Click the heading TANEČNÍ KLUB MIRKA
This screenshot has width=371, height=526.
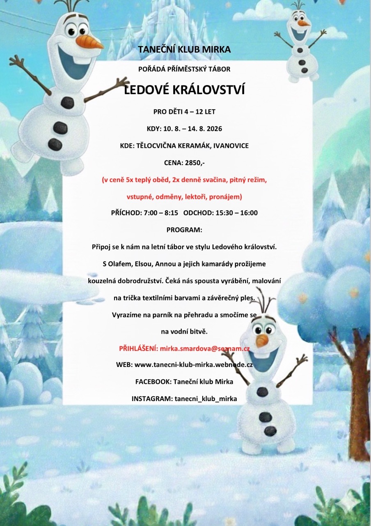[x=184, y=50]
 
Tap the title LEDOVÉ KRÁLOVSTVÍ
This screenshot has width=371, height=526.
[x=184, y=90]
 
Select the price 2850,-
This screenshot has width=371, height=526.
[x=193, y=163]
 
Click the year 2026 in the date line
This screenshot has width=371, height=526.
[x=214, y=129]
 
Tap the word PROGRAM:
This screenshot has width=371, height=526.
[x=184, y=230]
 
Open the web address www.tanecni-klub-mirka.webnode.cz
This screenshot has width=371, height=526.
[x=194, y=365]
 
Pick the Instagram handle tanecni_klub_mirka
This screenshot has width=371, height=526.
[x=206, y=399]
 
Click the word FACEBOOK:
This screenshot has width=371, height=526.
[x=153, y=382]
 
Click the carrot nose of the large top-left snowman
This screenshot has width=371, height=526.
[x=91, y=42]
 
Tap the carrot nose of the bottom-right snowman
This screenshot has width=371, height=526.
[x=262, y=340]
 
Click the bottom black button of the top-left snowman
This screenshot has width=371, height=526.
[x=55, y=144]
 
